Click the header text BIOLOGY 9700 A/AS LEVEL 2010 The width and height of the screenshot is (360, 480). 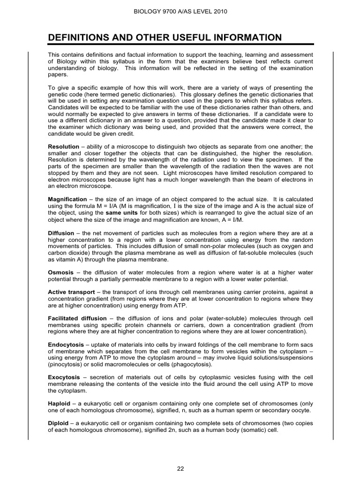click(x=180, y=11)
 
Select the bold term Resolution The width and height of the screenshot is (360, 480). click(x=64, y=147)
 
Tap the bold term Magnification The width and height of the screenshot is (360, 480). click(x=67, y=199)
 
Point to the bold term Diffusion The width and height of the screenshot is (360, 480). click(x=61, y=233)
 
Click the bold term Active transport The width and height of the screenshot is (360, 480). click(x=70, y=292)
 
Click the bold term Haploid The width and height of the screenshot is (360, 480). click(x=59, y=404)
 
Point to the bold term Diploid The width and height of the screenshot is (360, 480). click(x=59, y=423)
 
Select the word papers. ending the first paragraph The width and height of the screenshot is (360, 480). click(x=58, y=75)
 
